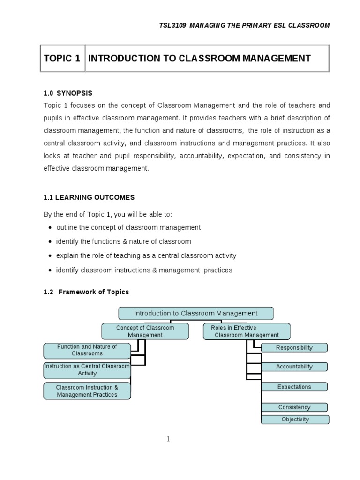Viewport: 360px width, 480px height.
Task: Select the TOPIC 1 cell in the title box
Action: [62, 59]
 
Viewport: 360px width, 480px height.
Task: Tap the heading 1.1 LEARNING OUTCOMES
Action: [89, 197]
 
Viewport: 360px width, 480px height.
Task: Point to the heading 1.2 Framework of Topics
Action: [86, 292]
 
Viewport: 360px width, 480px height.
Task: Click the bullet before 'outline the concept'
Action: [50, 228]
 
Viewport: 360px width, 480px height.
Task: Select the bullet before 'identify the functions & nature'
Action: [50, 242]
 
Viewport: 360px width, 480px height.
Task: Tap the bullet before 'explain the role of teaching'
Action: [50, 256]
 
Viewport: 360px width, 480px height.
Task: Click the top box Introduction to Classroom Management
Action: [195, 313]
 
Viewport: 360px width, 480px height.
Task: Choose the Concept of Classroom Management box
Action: [145, 331]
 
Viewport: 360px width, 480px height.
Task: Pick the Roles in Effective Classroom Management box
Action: [247, 331]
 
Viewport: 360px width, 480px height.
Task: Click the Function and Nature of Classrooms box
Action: [87, 350]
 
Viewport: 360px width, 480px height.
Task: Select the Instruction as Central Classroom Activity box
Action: [87, 370]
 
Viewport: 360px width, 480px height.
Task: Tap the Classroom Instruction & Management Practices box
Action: [87, 391]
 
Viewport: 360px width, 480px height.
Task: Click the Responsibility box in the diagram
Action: [294, 348]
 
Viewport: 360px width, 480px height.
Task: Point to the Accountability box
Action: [294, 367]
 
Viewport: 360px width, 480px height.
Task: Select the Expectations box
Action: [294, 387]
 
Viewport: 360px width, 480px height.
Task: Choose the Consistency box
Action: [294, 407]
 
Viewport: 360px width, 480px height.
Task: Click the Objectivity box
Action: [295, 420]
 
